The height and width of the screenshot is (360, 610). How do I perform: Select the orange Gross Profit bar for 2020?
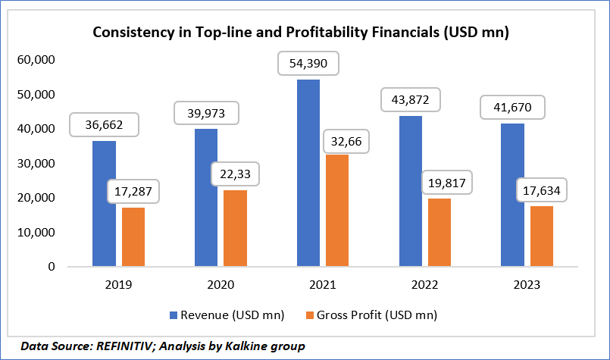click(x=235, y=228)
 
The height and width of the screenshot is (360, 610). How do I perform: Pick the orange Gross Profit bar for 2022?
click(x=440, y=232)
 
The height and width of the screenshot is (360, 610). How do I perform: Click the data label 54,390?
click(x=308, y=64)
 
